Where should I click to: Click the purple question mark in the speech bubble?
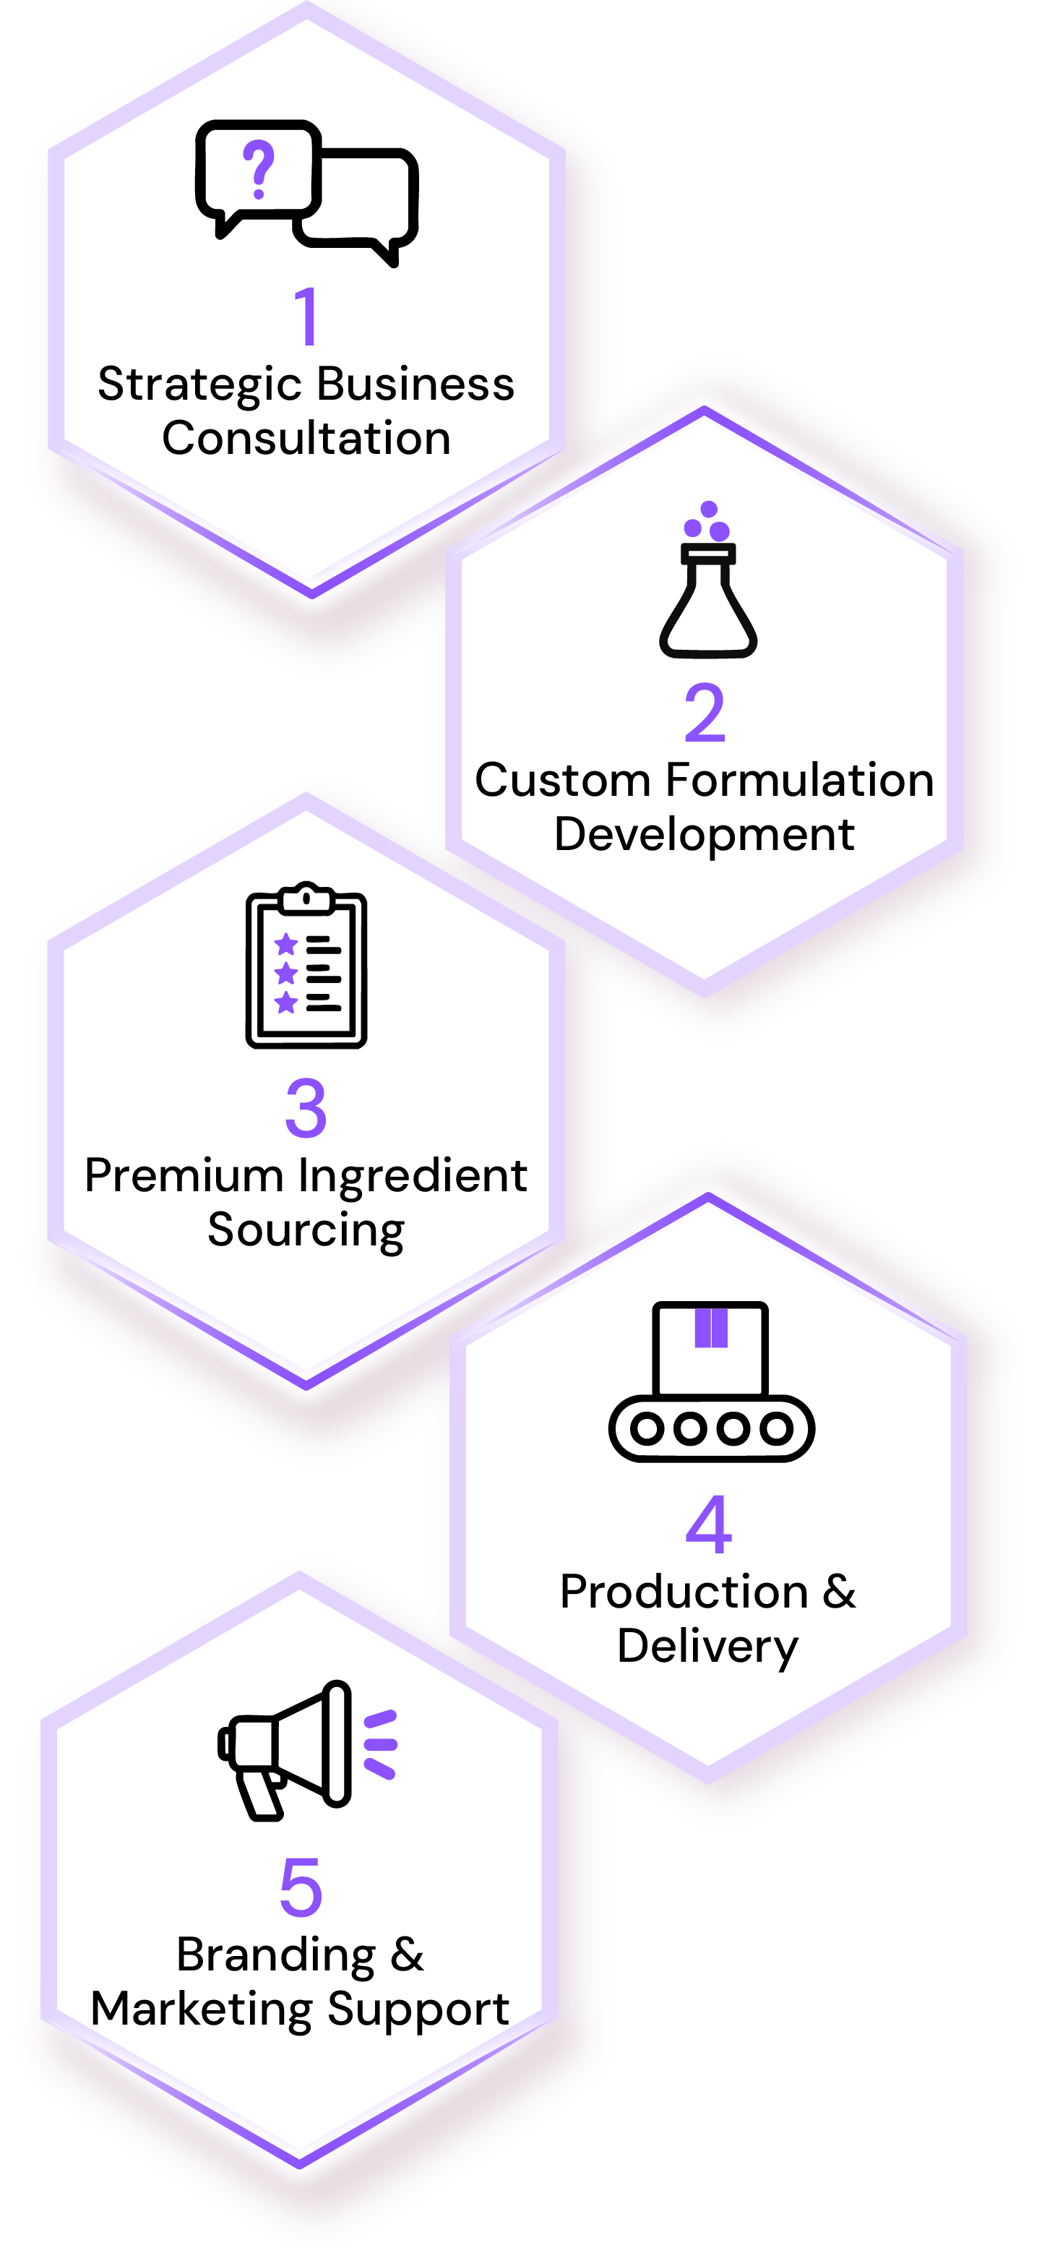(x=258, y=169)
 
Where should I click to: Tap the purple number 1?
(x=306, y=316)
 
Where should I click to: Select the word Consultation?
(x=306, y=438)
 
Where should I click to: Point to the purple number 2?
(x=705, y=713)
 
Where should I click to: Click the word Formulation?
(x=798, y=780)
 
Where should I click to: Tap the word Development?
(x=705, y=835)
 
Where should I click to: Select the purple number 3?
(x=306, y=1108)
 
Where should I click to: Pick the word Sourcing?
(x=306, y=1230)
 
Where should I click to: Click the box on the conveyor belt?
(x=710, y=1349)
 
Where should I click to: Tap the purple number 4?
(x=709, y=1524)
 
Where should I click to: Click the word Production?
(x=684, y=1592)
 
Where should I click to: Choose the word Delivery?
(x=707, y=1647)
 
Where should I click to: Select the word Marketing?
(x=202, y=2009)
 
